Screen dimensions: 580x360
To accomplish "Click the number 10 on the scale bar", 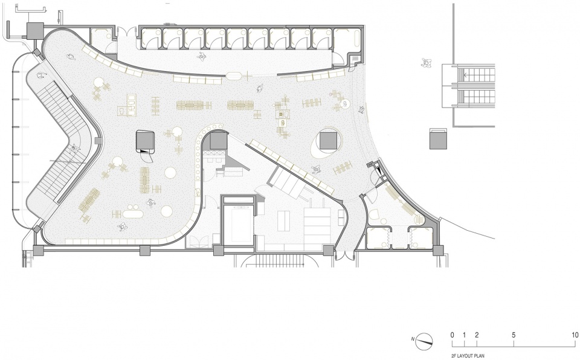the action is (575, 335).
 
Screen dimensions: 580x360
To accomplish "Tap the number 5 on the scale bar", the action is (514, 335).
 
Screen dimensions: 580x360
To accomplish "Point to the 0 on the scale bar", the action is (452, 335).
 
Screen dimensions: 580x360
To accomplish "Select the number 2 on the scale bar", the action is (477, 335).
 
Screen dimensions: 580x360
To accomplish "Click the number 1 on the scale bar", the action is (464, 335).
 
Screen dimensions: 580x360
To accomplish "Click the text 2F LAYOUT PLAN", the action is (467, 356).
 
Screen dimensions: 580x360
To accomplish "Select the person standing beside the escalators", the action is (427, 63).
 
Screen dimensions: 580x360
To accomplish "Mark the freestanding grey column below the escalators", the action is (439, 138).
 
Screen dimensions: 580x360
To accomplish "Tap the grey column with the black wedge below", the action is (145, 140).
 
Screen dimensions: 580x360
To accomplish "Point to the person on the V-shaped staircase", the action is (75, 149).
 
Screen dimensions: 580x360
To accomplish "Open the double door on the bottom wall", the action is (344, 257).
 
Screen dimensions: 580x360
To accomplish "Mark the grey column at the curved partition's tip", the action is (218, 141).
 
